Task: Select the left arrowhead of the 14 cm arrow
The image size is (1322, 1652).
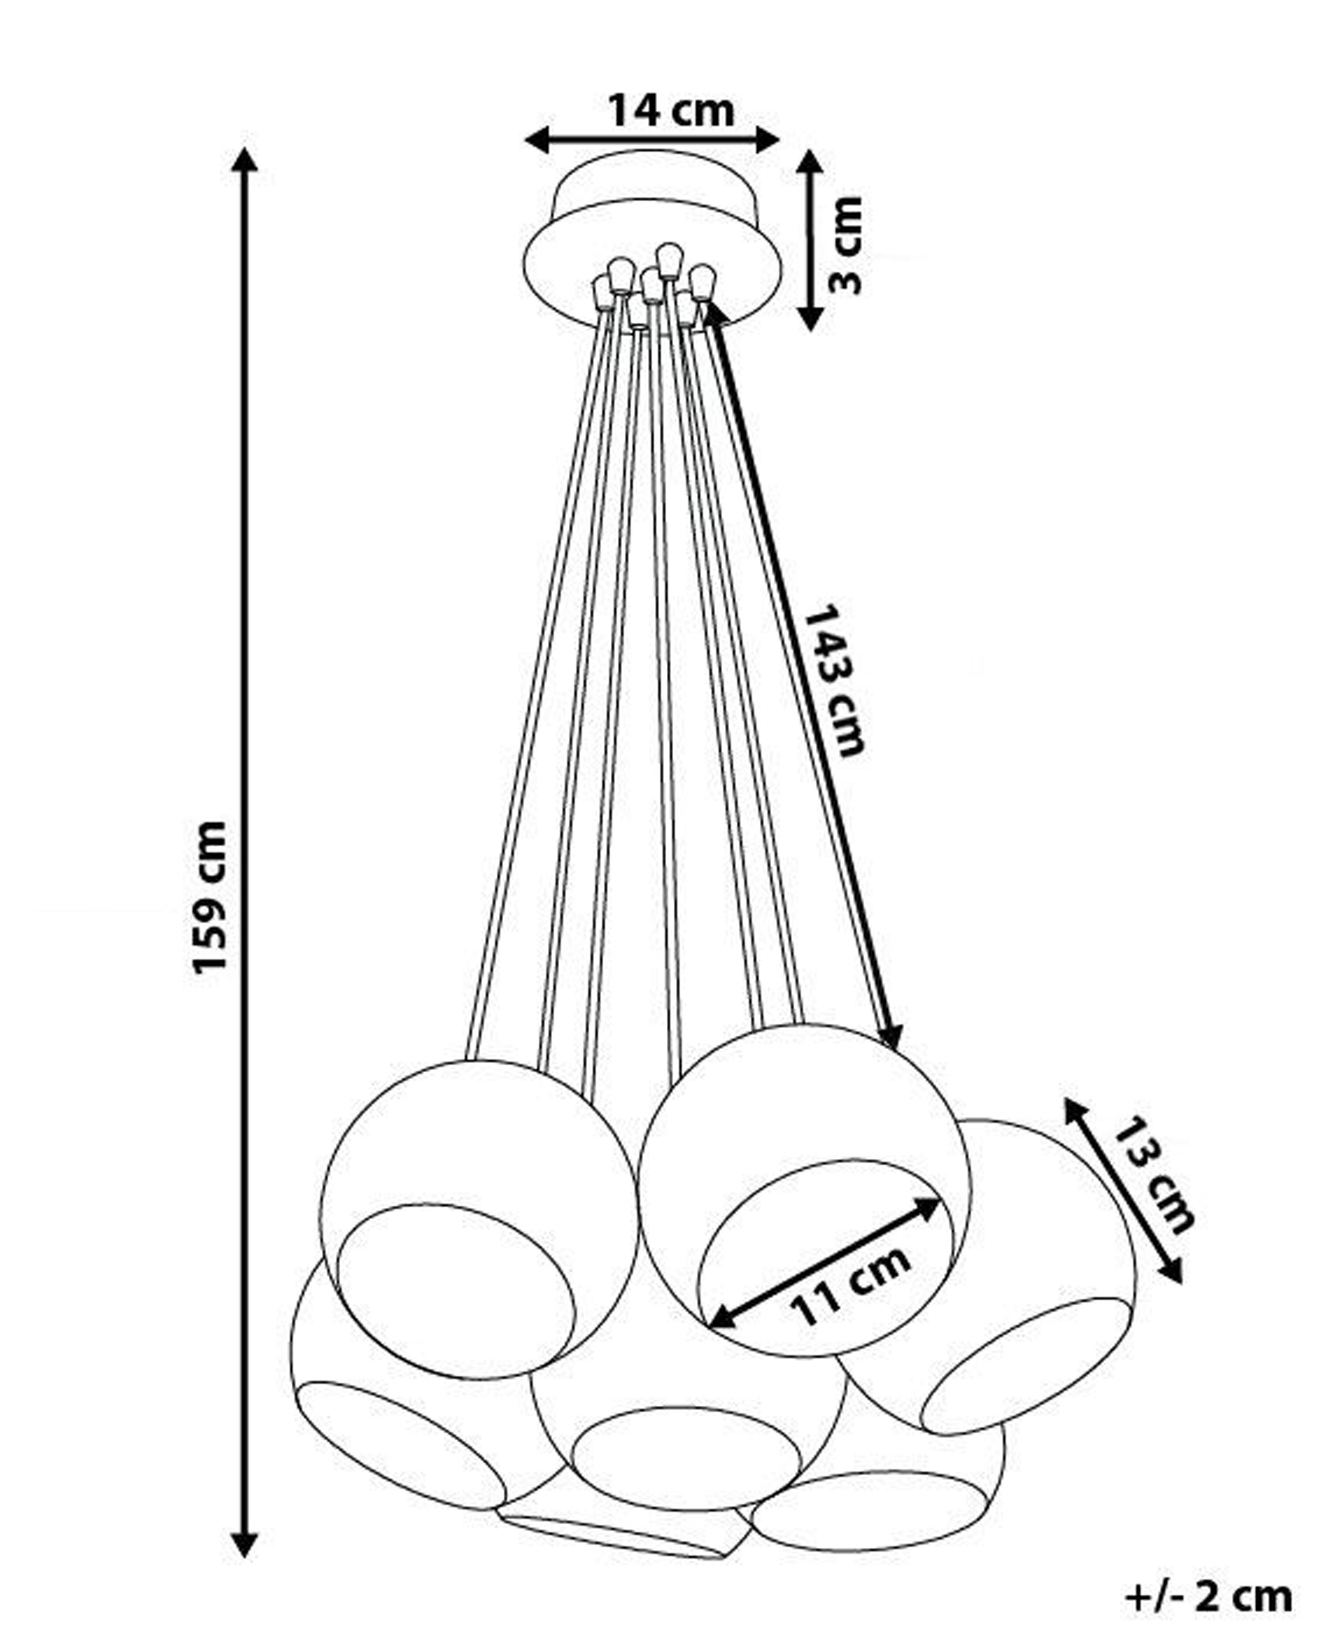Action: tap(538, 140)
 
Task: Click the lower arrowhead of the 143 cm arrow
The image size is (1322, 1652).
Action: tap(891, 1036)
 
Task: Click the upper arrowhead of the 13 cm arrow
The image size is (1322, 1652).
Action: tap(1076, 1110)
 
